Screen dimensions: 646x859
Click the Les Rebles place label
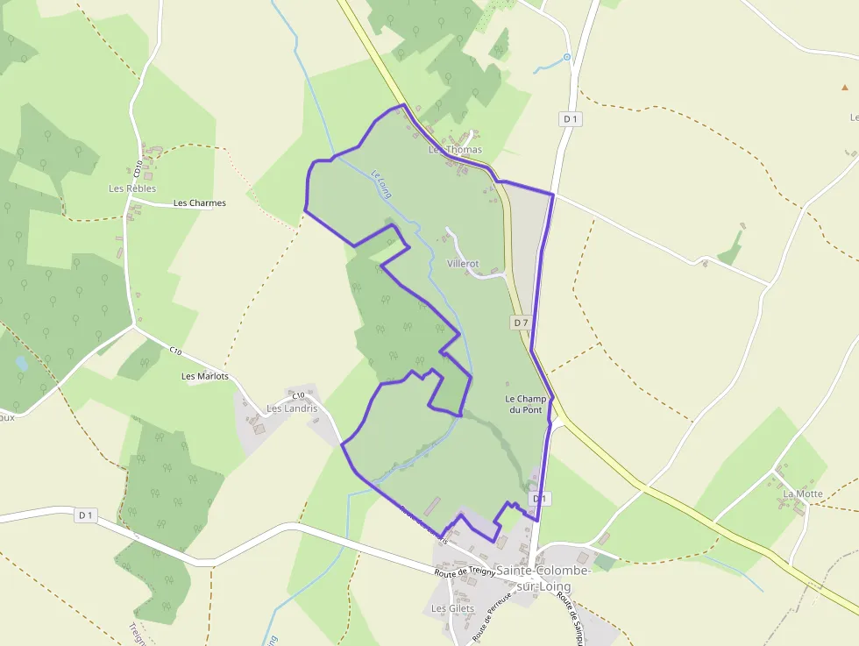[x=132, y=188]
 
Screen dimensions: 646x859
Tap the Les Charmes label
[x=199, y=203]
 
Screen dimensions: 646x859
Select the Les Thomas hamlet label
[x=455, y=150]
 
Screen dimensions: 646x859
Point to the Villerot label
[x=463, y=264]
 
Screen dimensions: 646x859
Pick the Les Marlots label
[x=204, y=377]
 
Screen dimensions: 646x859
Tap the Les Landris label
[x=292, y=408]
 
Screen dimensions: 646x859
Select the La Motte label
[x=803, y=494]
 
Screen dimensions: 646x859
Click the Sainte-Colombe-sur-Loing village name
[x=533, y=578]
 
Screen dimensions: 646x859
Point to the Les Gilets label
[x=452, y=608]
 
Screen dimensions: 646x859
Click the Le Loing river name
[x=380, y=183]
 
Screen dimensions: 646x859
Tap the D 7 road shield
[x=521, y=323]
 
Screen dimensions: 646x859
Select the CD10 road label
[x=139, y=169]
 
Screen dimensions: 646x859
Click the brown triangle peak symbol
[x=845, y=88]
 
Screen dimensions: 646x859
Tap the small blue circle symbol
[x=567, y=57]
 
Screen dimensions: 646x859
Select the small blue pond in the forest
[x=21, y=362]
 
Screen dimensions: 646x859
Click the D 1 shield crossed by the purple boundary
[x=539, y=499]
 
